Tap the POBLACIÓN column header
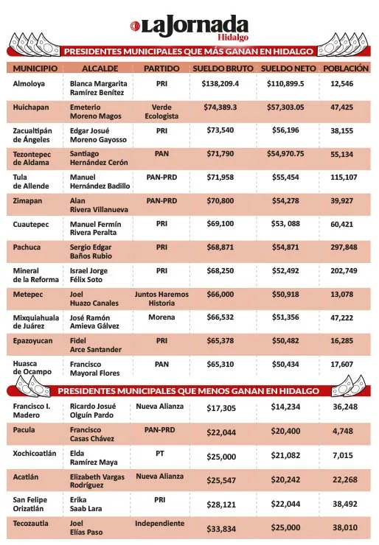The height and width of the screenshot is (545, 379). click(345, 68)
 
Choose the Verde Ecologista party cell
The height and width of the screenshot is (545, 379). click(161, 112)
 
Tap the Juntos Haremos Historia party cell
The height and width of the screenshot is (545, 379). click(161, 298)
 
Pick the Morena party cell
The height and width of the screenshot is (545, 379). click(161, 317)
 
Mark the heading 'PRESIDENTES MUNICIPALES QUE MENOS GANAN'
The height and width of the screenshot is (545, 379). click(189, 390)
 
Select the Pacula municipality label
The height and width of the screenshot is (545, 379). click(24, 429)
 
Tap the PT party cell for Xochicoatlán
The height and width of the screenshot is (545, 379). click(161, 453)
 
